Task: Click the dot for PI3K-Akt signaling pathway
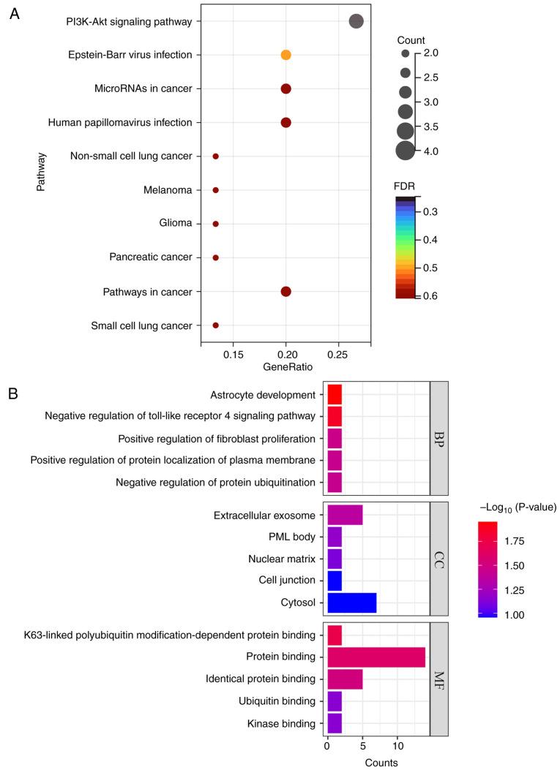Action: point(356,21)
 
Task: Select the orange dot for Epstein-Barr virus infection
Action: point(285,55)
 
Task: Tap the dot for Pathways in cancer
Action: point(285,291)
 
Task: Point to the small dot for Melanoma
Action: point(215,190)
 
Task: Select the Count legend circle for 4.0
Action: point(405,151)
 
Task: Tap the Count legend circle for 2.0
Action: point(405,53)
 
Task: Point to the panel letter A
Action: point(14,14)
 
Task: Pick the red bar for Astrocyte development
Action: point(335,394)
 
